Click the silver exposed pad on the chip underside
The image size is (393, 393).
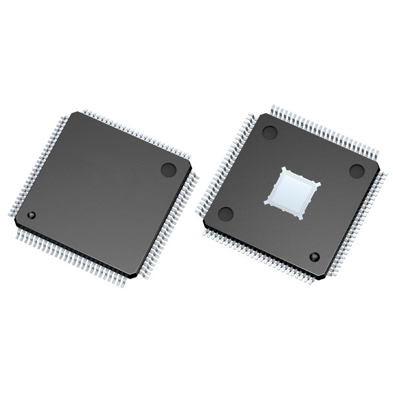293,193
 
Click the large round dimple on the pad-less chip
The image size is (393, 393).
168,169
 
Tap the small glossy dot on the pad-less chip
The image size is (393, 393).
31,215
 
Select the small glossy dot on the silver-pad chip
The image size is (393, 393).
314,256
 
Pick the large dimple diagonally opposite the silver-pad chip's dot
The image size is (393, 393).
270,132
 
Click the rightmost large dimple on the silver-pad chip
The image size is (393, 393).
357,171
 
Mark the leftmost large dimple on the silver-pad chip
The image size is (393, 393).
225,214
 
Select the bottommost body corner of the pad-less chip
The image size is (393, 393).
132,275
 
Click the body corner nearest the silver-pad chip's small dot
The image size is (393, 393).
322,277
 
